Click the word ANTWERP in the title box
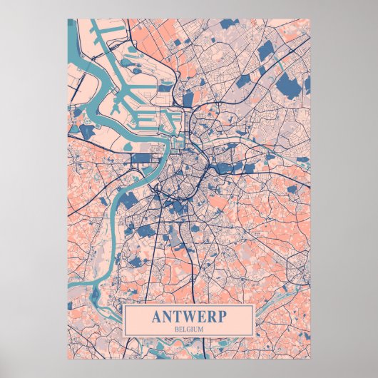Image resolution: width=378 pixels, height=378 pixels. (x=189, y=317)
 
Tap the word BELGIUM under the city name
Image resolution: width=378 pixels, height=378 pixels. (x=189, y=329)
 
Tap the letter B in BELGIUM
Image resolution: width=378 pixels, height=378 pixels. (x=175, y=329)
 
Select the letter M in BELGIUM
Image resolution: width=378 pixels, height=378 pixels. (x=203, y=329)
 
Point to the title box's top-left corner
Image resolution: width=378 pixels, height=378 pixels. (x=124, y=305)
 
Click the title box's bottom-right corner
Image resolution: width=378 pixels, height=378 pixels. (x=255, y=337)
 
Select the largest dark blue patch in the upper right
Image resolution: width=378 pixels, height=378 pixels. (x=287, y=78)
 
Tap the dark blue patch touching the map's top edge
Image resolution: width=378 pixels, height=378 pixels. (x=228, y=24)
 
